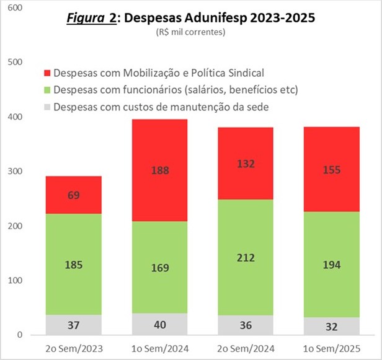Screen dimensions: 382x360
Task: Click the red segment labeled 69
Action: point(74,195)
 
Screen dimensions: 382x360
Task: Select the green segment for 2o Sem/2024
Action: point(246,257)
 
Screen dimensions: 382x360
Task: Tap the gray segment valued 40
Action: point(160,324)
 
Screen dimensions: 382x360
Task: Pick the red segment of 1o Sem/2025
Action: point(332,169)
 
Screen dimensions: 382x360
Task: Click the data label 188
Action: point(160,170)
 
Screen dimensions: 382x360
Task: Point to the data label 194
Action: point(332,265)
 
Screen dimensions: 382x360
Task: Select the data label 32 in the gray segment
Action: point(332,327)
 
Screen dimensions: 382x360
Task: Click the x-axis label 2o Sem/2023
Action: point(74,349)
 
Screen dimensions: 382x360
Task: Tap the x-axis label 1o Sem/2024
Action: point(160,349)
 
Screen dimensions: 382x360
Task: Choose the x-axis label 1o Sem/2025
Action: point(332,349)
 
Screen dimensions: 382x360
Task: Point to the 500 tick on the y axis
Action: point(15,62)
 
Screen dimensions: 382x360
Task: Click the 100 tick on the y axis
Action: point(15,280)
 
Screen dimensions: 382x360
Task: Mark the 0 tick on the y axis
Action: point(20,335)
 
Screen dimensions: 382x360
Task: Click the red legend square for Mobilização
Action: point(47,72)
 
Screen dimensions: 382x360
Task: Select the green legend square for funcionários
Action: point(47,90)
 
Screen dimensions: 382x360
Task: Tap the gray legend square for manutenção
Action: point(47,107)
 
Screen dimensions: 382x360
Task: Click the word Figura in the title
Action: point(86,18)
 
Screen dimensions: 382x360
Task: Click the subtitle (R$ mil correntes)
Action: point(190,32)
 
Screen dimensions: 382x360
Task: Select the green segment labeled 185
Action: point(74,265)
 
